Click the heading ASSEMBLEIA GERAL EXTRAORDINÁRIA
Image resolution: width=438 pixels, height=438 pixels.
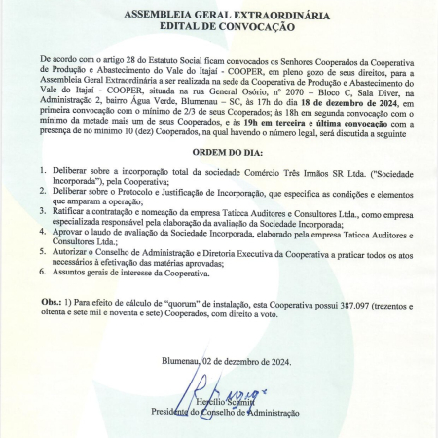218,17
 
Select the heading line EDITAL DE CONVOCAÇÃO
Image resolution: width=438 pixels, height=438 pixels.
218,28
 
